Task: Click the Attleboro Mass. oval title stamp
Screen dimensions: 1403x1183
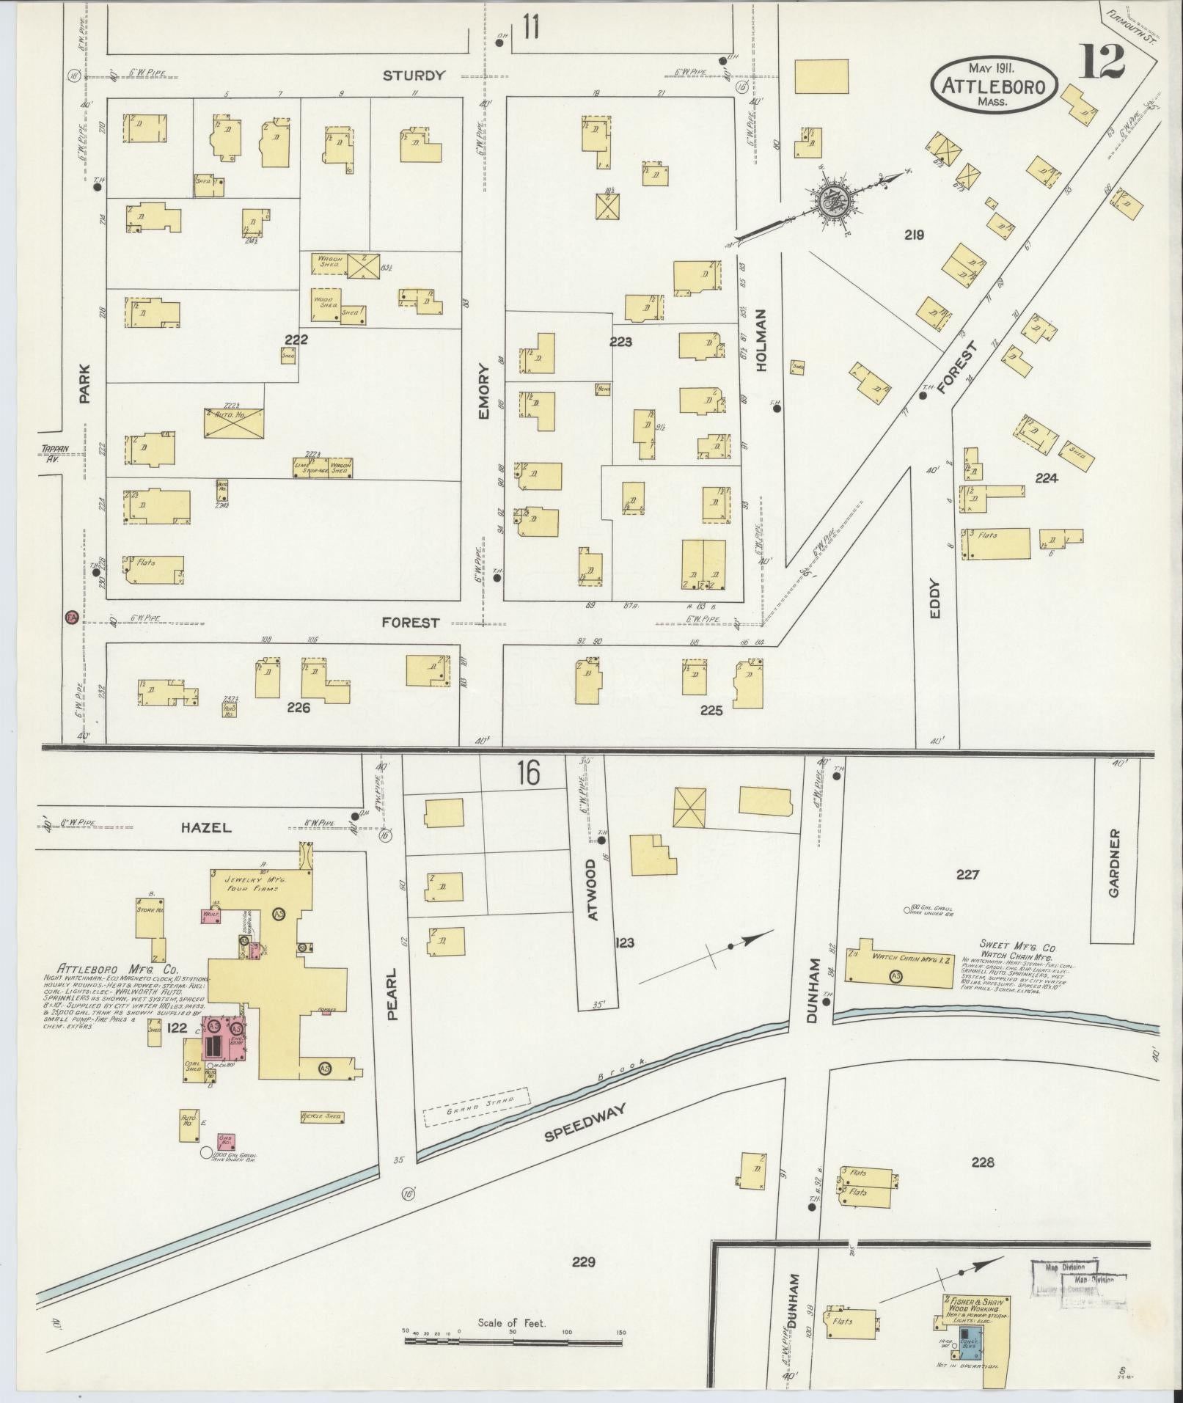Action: point(995,84)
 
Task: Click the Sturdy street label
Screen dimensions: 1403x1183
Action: point(414,75)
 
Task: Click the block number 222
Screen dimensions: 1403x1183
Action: point(296,340)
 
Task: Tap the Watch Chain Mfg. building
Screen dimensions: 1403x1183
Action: point(901,959)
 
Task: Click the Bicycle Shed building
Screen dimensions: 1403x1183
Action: point(321,1117)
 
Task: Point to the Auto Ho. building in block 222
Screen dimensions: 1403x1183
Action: point(233,423)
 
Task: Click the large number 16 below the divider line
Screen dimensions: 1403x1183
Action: point(528,773)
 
